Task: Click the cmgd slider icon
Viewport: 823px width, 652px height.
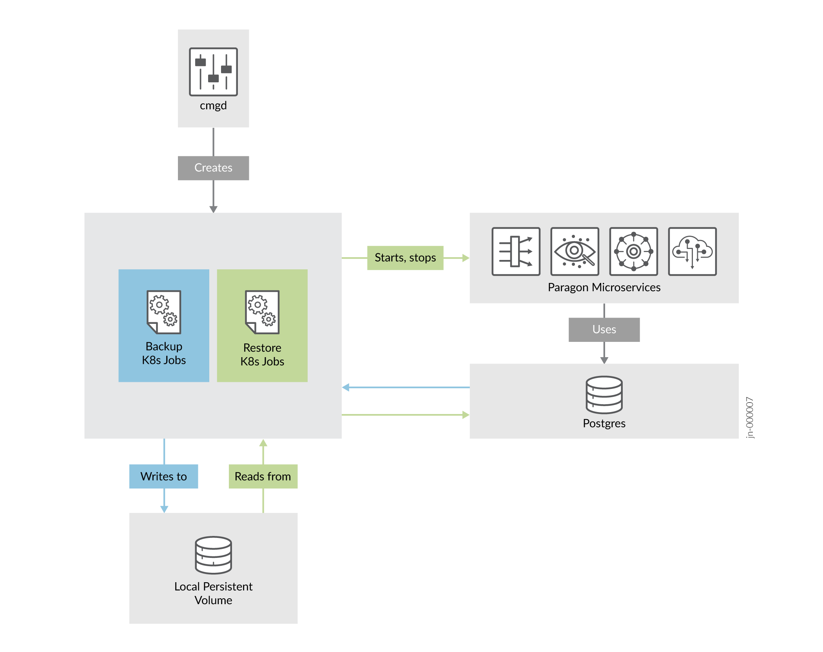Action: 213,72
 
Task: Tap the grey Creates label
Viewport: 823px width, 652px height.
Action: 213,168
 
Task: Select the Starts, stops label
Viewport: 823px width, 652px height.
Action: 405,258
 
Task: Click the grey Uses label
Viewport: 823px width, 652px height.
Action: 604,329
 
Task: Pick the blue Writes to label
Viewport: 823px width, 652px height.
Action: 163,476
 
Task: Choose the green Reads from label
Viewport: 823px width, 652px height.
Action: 263,476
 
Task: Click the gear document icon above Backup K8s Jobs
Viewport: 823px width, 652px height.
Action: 164,312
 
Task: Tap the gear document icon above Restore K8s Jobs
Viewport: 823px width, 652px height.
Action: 262,312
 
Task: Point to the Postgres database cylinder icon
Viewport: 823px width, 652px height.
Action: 604,395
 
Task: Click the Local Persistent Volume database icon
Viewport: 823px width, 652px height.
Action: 213,555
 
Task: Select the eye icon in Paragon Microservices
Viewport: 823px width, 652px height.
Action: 575,251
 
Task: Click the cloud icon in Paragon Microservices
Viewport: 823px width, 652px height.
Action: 692,251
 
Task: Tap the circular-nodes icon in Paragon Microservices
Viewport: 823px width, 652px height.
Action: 633,251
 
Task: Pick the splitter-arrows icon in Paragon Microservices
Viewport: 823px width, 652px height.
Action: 516,251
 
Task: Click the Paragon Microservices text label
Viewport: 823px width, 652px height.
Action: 604,287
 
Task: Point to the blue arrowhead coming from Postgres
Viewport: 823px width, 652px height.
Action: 346,387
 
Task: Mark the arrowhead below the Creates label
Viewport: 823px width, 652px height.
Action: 213,209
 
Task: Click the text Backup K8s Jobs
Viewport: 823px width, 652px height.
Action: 164,353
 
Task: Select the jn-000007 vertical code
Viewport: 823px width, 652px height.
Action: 749,417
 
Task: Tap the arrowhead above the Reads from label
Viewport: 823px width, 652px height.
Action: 263,443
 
